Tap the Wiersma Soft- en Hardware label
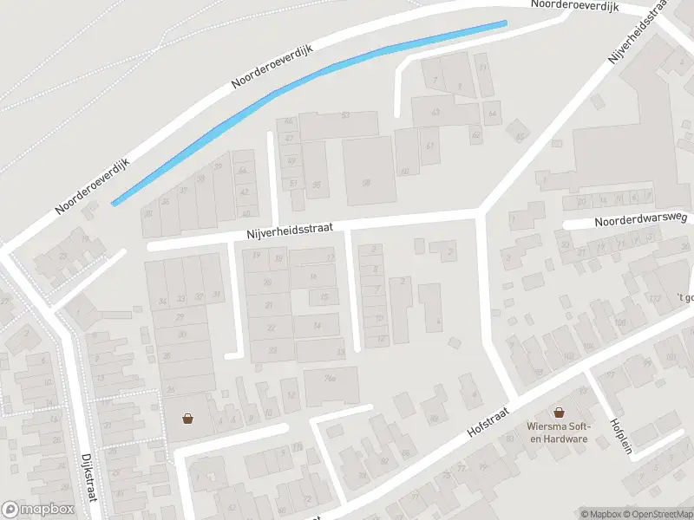[557, 432]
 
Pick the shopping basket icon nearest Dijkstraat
[187, 419]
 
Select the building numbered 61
[429, 145]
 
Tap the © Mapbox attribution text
[600, 514]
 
